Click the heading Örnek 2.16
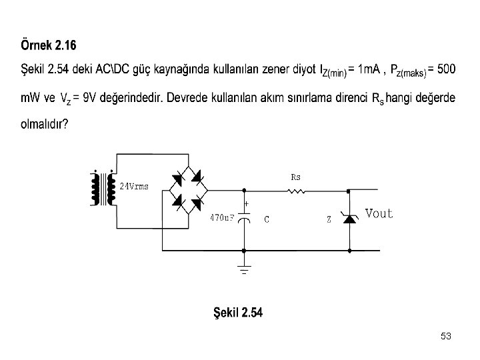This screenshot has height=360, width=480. click(49, 46)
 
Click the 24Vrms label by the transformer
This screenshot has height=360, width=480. click(133, 186)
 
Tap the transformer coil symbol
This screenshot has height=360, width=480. click(99, 190)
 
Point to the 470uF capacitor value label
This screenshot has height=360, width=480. click(222, 217)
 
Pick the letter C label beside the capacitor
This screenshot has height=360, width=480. click(266, 218)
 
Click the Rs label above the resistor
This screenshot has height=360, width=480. click(296, 178)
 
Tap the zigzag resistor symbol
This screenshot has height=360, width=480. click(296, 192)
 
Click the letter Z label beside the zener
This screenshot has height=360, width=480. click(329, 219)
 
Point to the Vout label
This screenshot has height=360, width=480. click(379, 214)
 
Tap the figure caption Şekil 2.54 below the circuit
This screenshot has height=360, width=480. click(237, 313)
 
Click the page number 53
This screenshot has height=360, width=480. click(446, 337)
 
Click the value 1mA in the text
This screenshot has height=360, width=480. click(369, 69)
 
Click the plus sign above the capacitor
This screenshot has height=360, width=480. click(246, 203)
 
